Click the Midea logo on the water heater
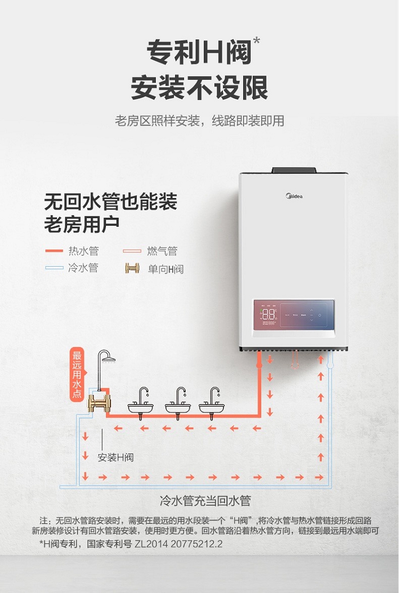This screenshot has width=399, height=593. (294, 196)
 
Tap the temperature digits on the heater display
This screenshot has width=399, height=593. (269, 314)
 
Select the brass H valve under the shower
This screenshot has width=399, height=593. (98, 403)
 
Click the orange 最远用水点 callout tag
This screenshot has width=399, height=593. (77, 374)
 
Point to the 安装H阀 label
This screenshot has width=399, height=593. (115, 458)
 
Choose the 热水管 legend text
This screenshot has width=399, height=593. (84, 251)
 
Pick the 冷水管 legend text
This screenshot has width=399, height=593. (83, 268)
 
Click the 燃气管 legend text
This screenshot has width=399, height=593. (162, 251)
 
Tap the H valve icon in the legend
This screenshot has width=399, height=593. (132, 268)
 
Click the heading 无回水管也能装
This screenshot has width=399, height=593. (111, 202)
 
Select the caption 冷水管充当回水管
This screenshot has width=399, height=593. (205, 501)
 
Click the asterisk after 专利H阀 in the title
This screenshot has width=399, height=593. (256, 41)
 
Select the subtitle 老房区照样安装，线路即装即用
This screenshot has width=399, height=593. (199, 121)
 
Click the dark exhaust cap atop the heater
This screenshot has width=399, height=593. (294, 170)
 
